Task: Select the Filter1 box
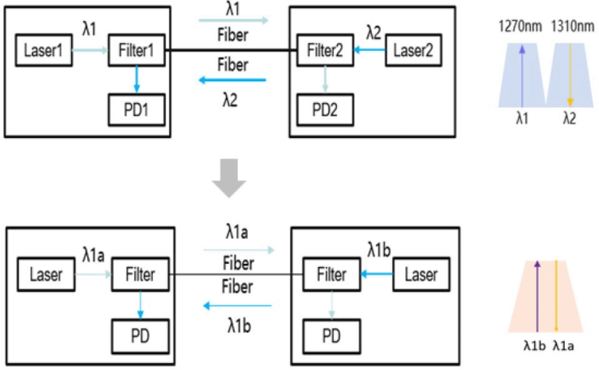pyautogui.click(x=136, y=52)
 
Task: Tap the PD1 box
pyautogui.click(x=136, y=112)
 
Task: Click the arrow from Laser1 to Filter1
pyautogui.click(x=90, y=52)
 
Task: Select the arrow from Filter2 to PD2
pyautogui.click(x=326, y=79)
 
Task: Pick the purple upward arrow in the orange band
pyautogui.click(x=537, y=297)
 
